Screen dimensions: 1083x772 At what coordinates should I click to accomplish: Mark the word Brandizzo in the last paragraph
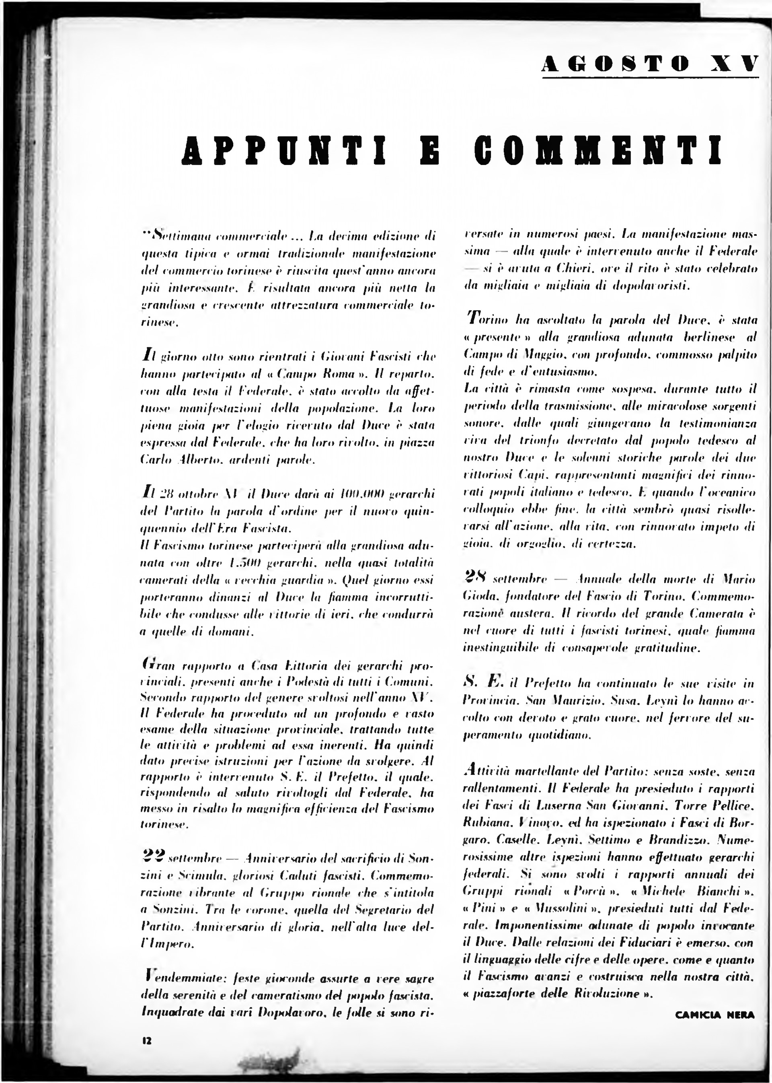pos(678,840)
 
